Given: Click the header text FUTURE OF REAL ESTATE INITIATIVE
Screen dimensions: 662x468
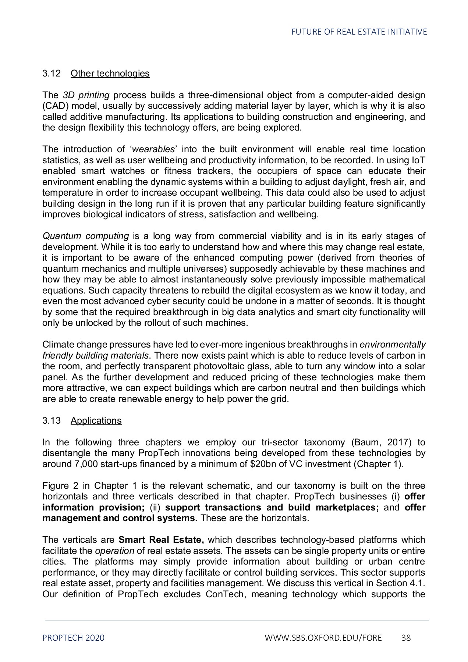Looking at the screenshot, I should click(359, 32).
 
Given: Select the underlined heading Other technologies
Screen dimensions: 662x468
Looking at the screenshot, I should click(110, 74).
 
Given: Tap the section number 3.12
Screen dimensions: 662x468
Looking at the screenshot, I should click(51, 74).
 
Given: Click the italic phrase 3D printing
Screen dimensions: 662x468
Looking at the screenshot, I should click(86, 95).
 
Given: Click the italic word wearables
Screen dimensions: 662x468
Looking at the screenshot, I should click(153, 149).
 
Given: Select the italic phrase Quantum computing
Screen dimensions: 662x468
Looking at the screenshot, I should click(85, 236).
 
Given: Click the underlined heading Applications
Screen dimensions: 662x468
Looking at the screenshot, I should click(96, 421).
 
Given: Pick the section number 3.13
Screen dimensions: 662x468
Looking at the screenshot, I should click(51, 421).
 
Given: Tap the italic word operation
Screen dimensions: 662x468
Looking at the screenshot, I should click(114, 551).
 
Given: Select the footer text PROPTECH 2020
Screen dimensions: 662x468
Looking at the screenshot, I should click(73, 638).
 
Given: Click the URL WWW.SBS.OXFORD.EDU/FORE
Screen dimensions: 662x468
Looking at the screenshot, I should click(323, 638).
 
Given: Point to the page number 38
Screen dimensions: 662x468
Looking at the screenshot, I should click(406, 638).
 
